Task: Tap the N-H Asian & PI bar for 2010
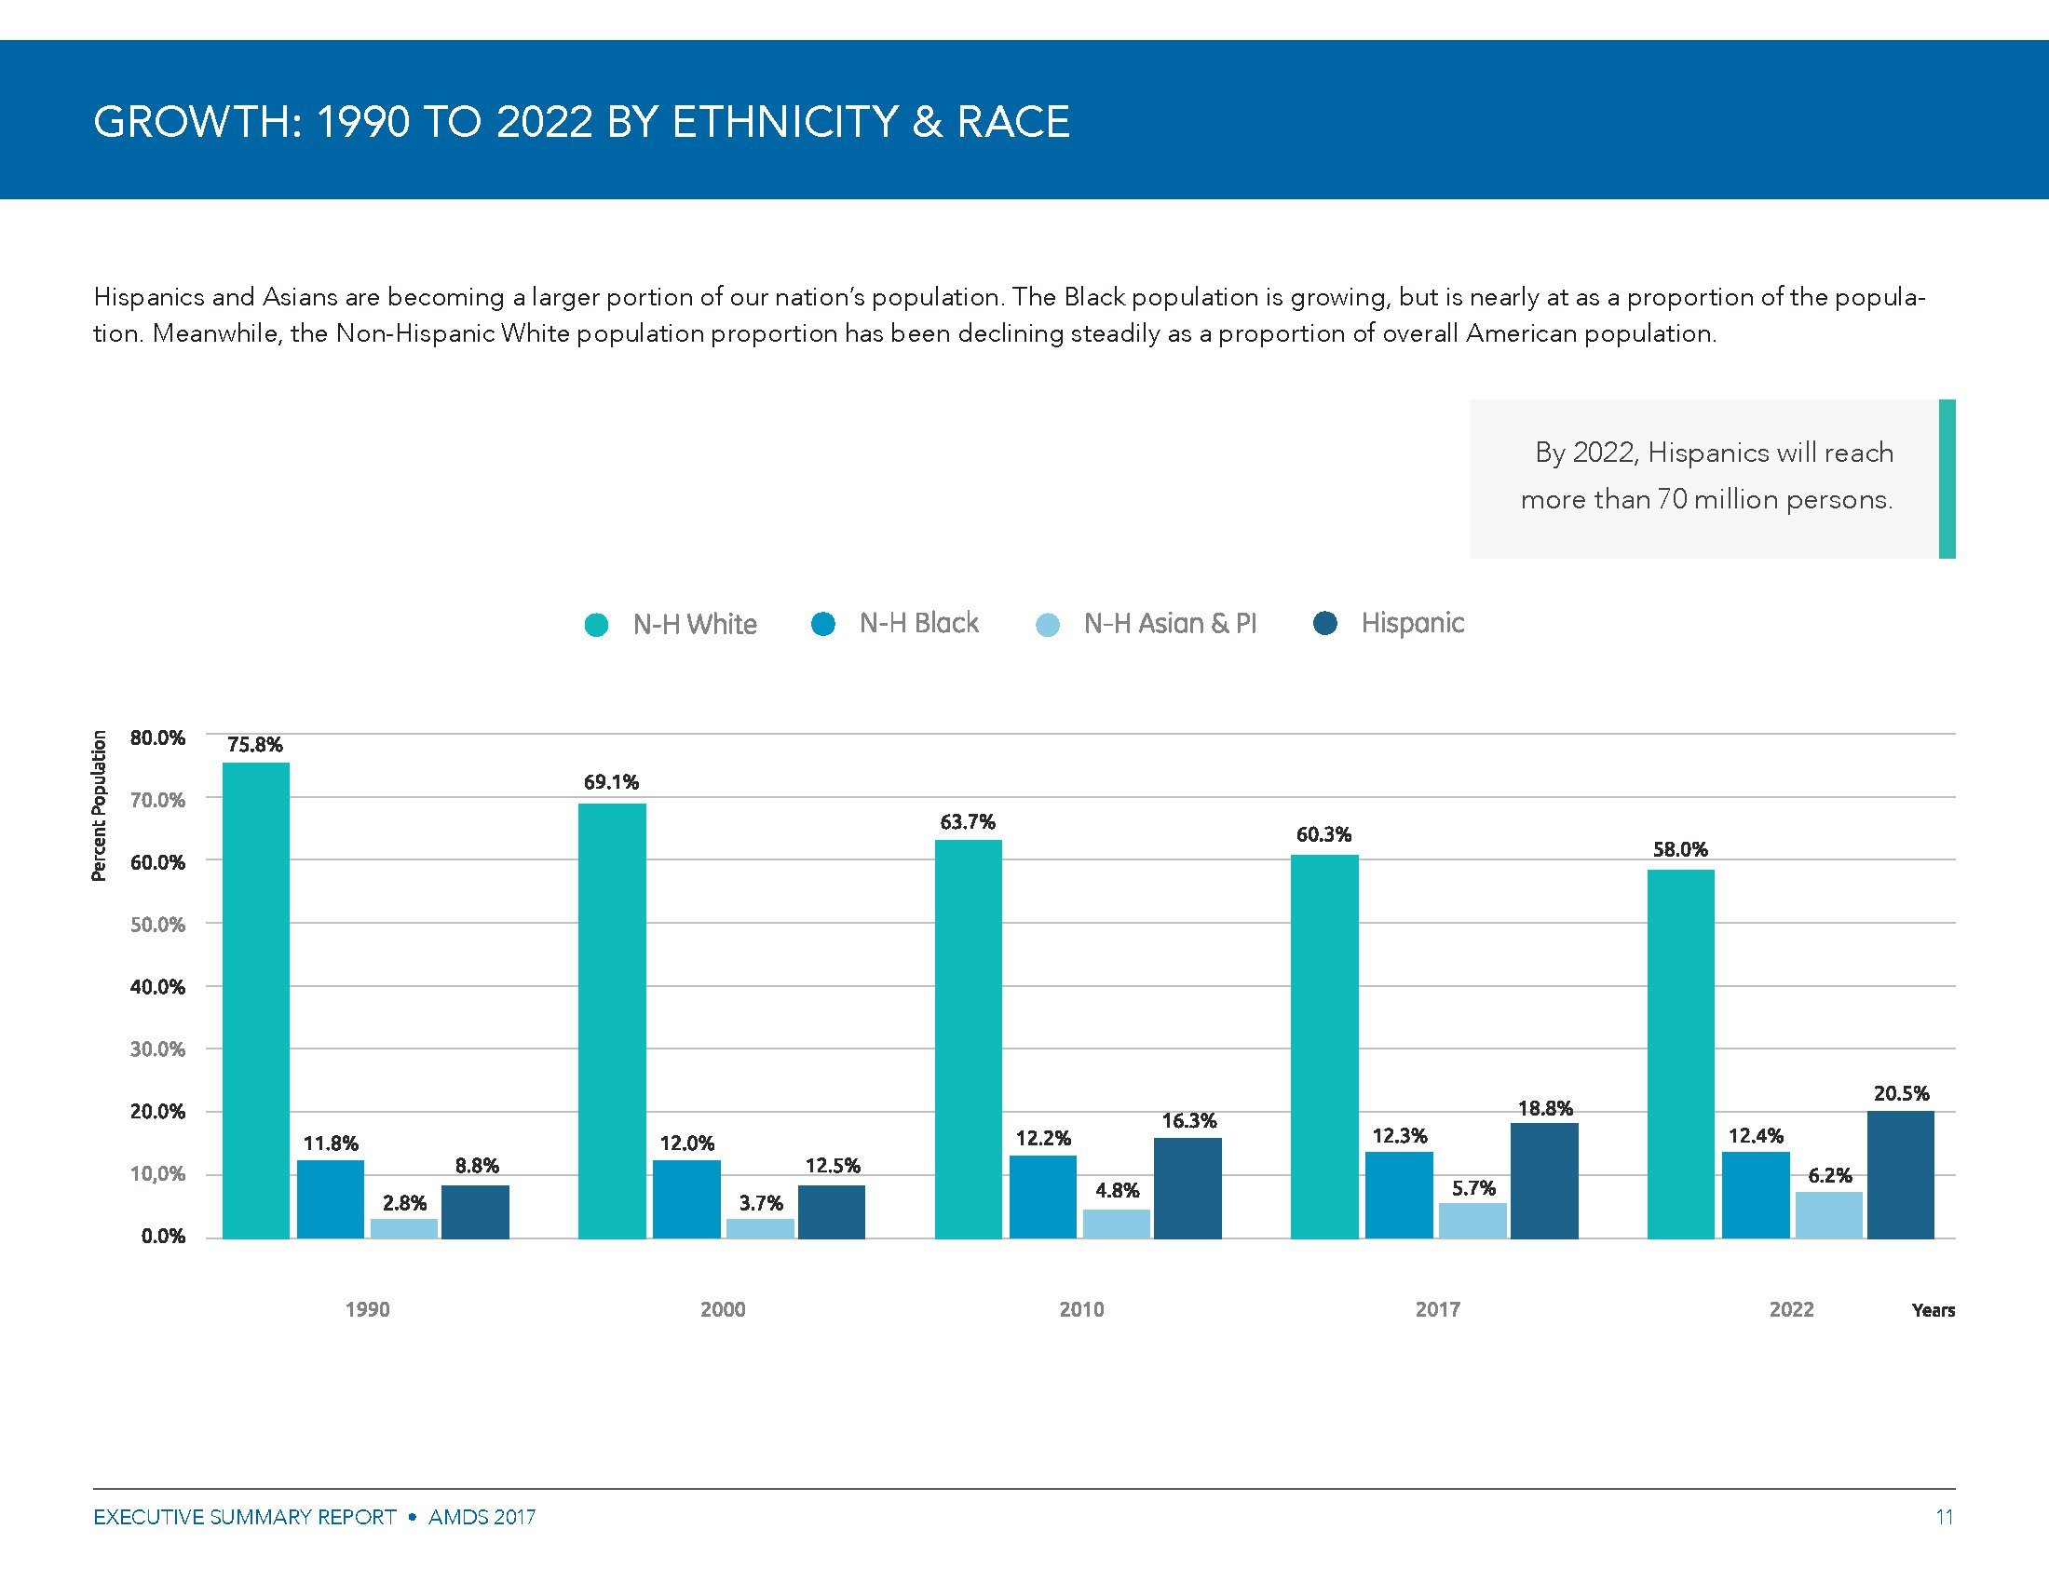click(x=1116, y=1224)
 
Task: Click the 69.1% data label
click(x=611, y=782)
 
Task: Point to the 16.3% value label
click(x=1188, y=1120)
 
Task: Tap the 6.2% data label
click(x=1829, y=1175)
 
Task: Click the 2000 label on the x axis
click(x=723, y=1309)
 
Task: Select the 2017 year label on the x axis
click(x=1437, y=1309)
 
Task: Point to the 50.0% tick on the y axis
click(x=157, y=925)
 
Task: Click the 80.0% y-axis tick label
click(x=157, y=738)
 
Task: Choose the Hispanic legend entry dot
click(x=1325, y=623)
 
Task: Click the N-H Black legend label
click(x=918, y=624)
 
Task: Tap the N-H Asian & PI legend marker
click(x=1048, y=625)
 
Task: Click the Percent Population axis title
click(x=99, y=806)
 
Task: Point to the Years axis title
click(x=1933, y=1310)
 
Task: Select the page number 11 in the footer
click(x=1944, y=1516)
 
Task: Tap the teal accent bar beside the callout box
click(x=1947, y=480)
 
